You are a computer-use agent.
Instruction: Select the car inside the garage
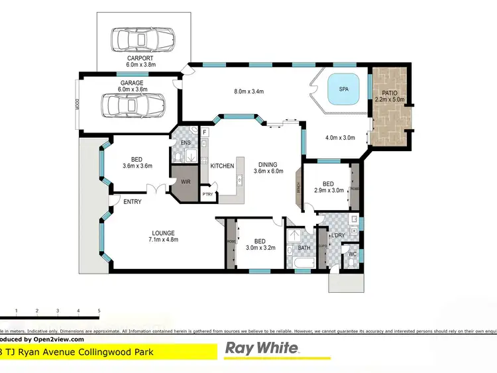pyautogui.click(x=133, y=104)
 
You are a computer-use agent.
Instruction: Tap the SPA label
pyautogui.click(x=344, y=88)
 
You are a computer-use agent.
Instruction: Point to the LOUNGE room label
pyautogui.click(x=163, y=233)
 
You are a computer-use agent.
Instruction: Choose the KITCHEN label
pyautogui.click(x=222, y=166)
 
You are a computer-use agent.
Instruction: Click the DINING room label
pyautogui.click(x=268, y=165)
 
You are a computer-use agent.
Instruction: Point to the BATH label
pyautogui.click(x=304, y=248)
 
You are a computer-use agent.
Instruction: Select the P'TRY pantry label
pyautogui.click(x=208, y=194)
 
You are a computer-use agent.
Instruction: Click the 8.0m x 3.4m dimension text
pyautogui.click(x=249, y=92)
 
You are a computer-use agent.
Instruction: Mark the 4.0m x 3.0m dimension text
pyautogui.click(x=341, y=138)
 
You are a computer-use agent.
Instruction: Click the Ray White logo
pyautogui.click(x=264, y=348)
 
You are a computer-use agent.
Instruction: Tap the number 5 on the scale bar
pyautogui.click(x=99, y=310)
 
